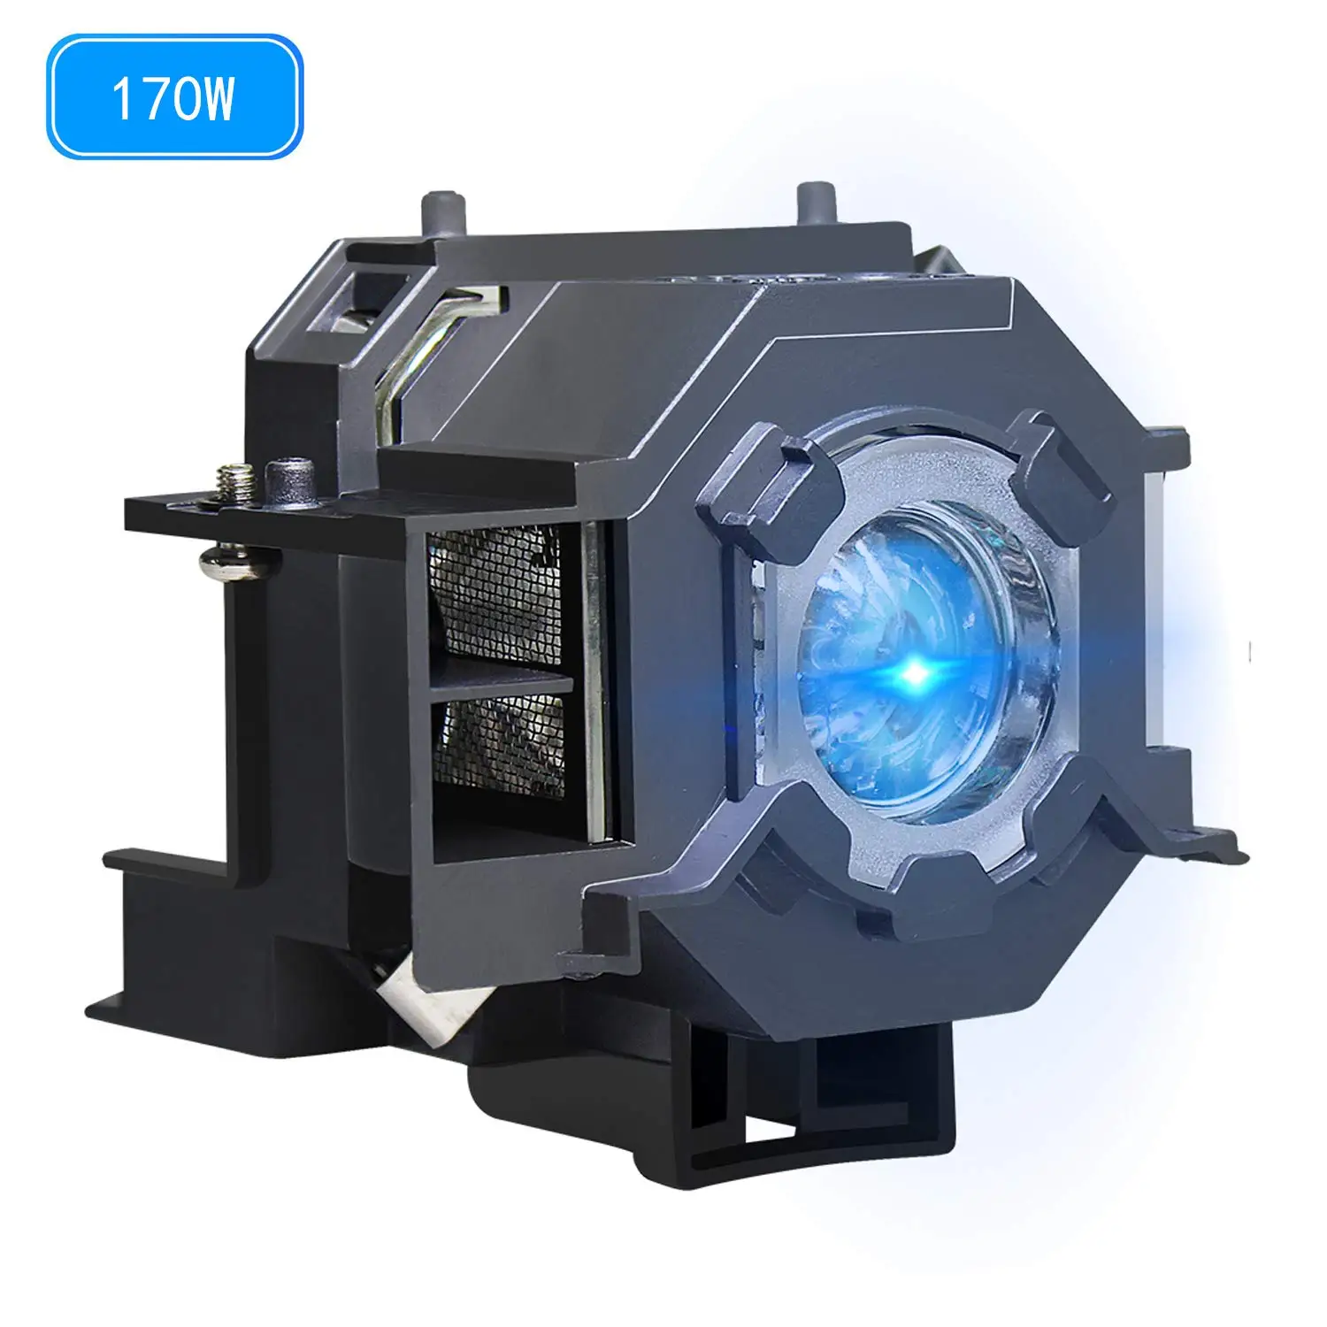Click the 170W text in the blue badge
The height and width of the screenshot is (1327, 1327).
[x=173, y=98]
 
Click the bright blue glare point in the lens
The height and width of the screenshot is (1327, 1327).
[x=917, y=674]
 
